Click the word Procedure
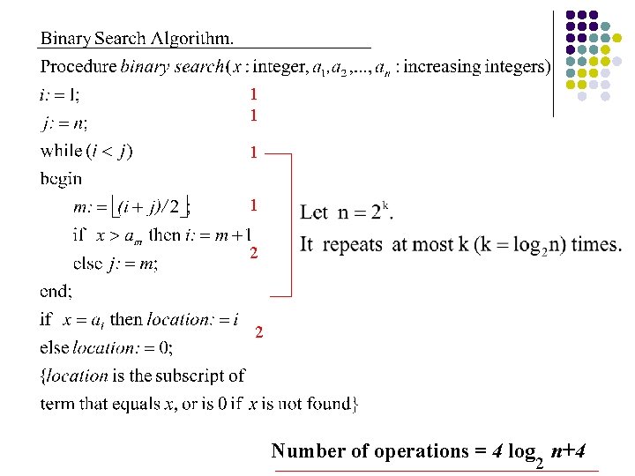coord(78,66)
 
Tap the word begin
coord(61,179)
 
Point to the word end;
coord(56,290)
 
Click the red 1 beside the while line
coord(254,152)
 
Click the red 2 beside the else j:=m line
coord(254,253)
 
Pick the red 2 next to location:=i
coord(259,332)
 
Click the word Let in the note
coord(314,212)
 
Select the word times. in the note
coord(595,245)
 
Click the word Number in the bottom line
coord(308,451)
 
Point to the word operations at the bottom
coord(420,451)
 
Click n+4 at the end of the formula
coord(569,451)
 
